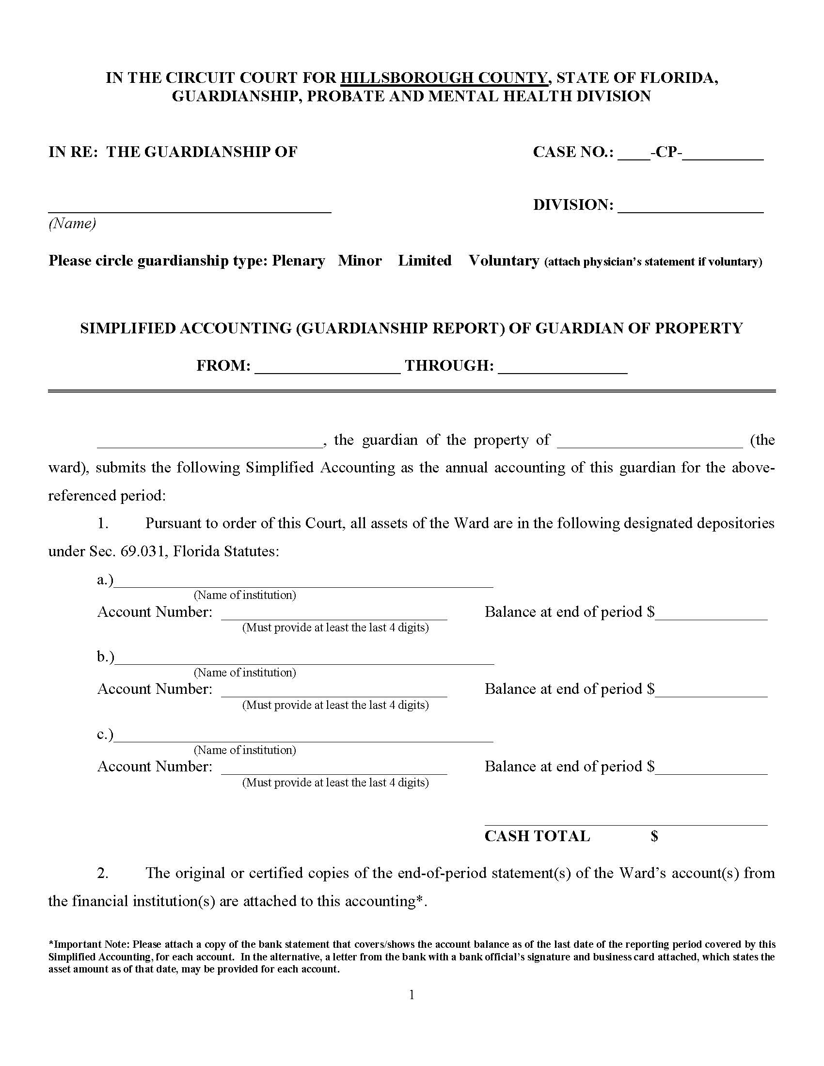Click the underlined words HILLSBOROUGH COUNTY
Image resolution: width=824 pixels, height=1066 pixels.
(x=444, y=78)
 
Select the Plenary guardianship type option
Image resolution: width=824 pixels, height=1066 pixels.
(x=298, y=261)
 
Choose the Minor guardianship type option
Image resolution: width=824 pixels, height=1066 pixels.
(x=360, y=261)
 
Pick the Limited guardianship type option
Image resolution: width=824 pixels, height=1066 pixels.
(x=425, y=261)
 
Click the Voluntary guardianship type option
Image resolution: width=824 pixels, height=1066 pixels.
(x=504, y=261)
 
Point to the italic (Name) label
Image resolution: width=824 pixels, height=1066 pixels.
(x=72, y=223)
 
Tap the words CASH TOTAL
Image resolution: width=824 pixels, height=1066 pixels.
(x=537, y=836)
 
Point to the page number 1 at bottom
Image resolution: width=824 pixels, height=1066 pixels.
(x=412, y=995)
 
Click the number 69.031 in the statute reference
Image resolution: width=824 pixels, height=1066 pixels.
(x=143, y=551)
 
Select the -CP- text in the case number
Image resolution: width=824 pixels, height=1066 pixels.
(x=666, y=152)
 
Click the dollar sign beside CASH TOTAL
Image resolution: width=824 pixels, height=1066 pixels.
(x=654, y=836)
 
